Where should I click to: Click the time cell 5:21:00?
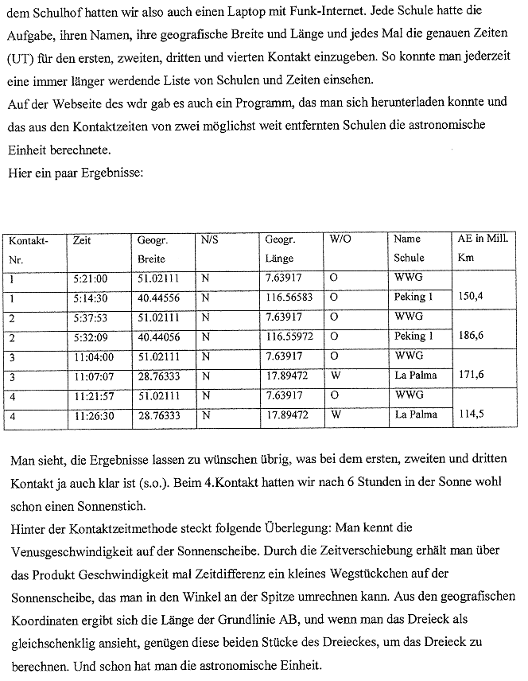click(x=89, y=278)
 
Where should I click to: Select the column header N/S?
click(x=209, y=239)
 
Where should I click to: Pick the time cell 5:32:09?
click(x=89, y=337)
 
